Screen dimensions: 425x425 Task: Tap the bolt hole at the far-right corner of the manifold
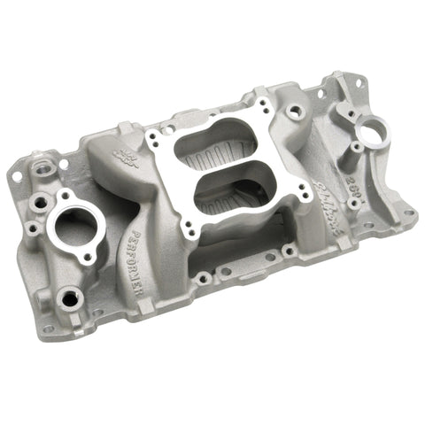pyautogui.click(x=408, y=213)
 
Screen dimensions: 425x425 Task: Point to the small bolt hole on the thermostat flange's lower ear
pyautogui.click(x=89, y=258)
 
